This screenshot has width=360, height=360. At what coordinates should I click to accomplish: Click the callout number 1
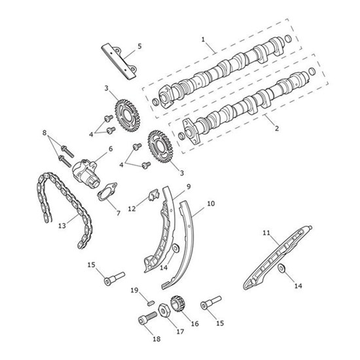[203, 39]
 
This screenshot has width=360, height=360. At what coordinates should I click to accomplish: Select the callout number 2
[277, 128]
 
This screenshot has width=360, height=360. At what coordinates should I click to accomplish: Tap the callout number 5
[139, 46]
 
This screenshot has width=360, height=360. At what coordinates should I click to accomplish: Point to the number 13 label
[62, 226]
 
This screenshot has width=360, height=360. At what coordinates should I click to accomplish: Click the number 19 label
[135, 291]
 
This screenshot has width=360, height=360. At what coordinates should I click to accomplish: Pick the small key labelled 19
[150, 303]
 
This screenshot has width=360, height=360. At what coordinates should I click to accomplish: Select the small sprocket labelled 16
[178, 304]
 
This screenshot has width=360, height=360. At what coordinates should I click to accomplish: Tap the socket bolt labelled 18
[147, 317]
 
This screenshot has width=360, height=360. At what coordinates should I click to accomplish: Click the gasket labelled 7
[107, 192]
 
